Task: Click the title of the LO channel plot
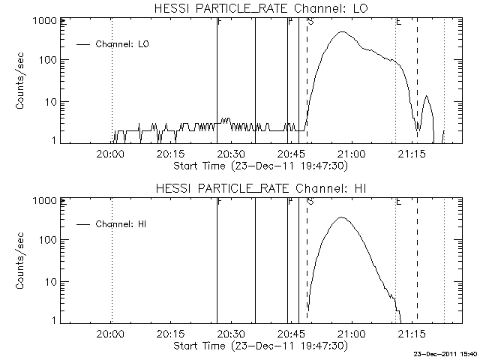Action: click(262, 7)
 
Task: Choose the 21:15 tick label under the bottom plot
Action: click(412, 334)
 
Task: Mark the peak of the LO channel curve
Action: click(342, 32)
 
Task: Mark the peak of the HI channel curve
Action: click(342, 217)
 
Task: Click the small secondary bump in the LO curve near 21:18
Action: click(427, 96)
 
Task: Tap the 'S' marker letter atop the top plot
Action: click(310, 22)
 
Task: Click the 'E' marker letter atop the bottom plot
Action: click(398, 202)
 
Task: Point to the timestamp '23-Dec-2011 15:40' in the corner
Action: click(447, 353)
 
